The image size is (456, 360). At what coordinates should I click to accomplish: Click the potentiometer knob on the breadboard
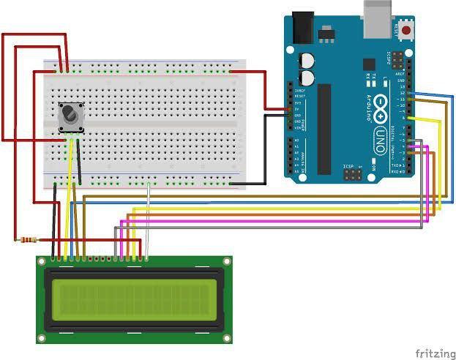pyautogui.click(x=70, y=115)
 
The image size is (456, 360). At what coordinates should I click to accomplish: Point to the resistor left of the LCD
pyautogui.click(x=28, y=239)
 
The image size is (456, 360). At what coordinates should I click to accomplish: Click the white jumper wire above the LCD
pyautogui.click(x=149, y=220)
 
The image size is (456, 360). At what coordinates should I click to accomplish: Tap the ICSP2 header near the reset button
pyautogui.click(x=397, y=56)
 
